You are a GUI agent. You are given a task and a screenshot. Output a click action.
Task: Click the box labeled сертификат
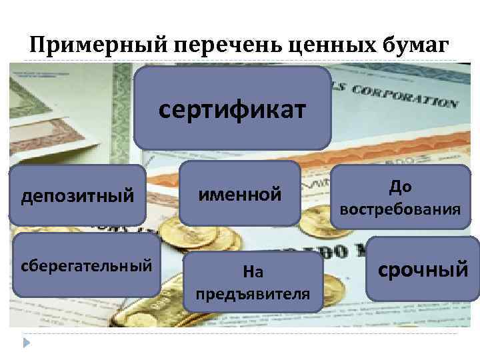coord(232,107)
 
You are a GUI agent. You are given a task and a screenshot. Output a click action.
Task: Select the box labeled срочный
coord(423,269)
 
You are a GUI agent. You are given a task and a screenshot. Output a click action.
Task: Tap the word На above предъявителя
coord(253,271)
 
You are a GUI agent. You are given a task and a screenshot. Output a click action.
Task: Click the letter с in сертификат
coord(163,107)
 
